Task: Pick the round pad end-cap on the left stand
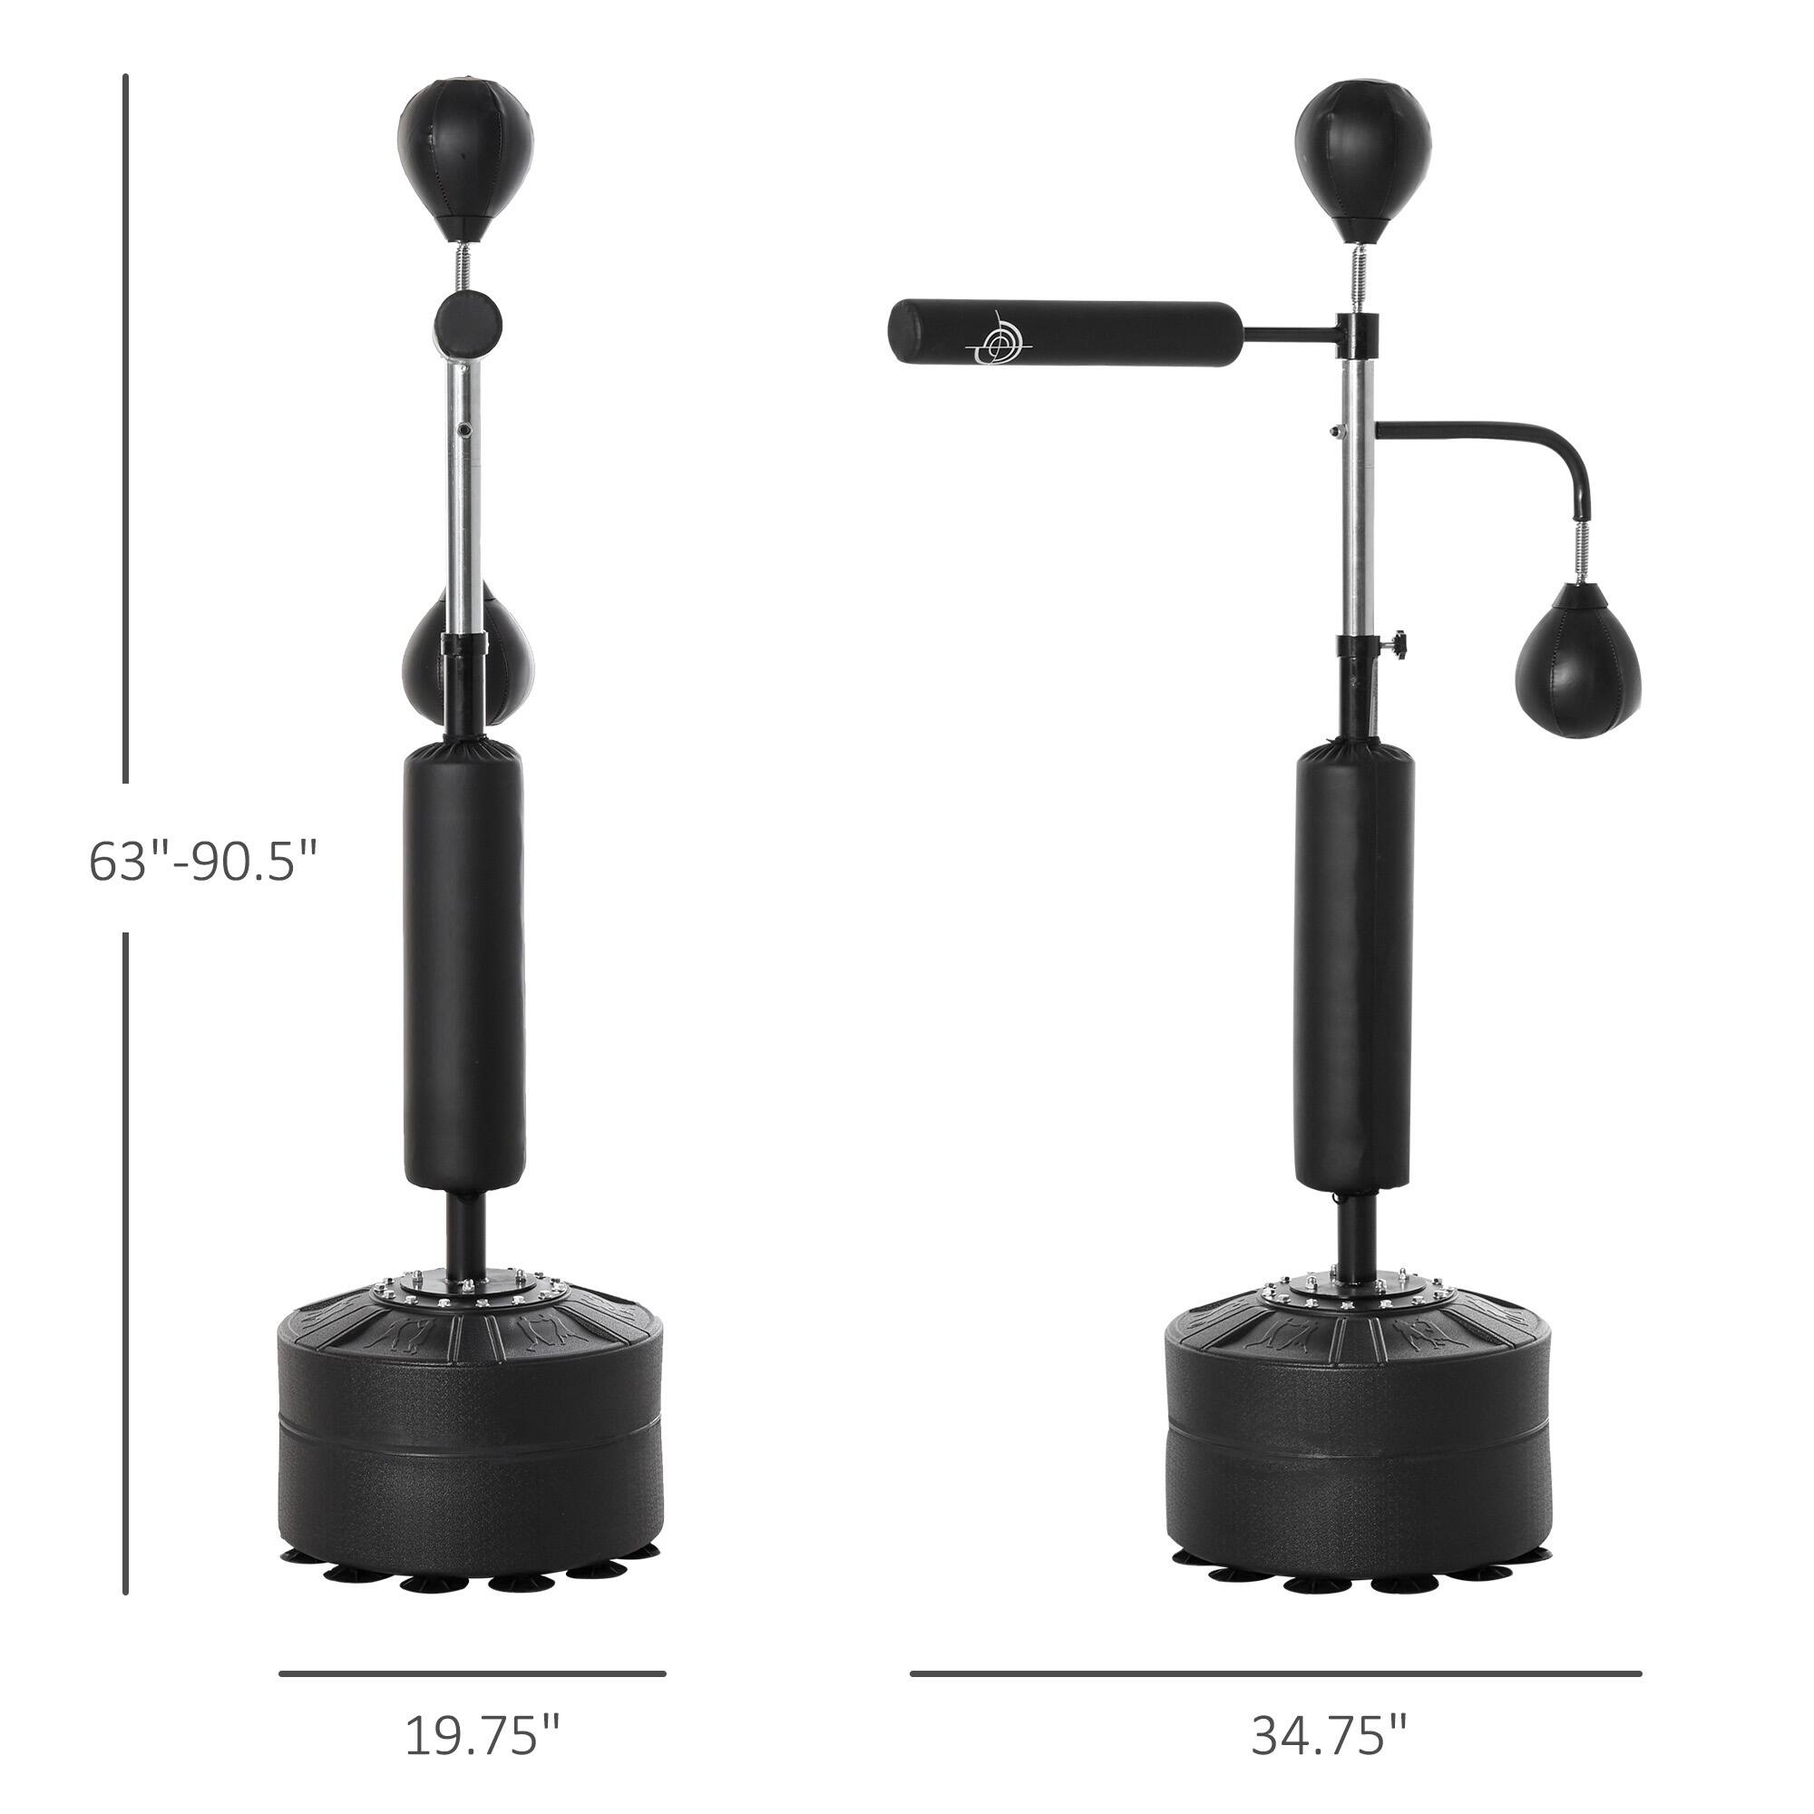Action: coord(466,325)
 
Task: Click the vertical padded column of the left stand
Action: coord(463,967)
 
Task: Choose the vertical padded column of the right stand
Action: coord(1355,967)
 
